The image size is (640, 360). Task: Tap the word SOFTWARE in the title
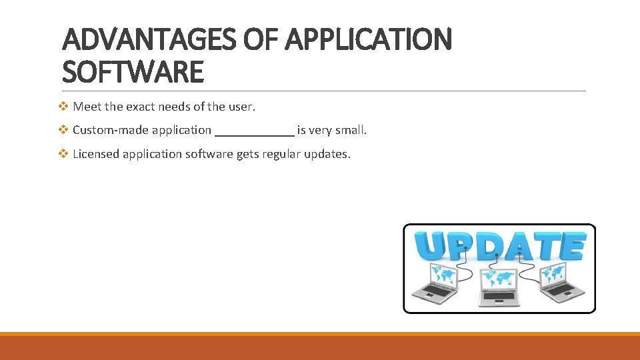click(132, 72)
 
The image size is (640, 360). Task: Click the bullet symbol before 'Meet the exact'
click(64, 106)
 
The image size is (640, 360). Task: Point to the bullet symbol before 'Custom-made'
click(64, 130)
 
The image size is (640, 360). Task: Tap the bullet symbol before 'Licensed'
click(64, 154)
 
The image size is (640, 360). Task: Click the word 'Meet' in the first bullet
click(87, 107)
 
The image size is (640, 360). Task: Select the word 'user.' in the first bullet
click(243, 107)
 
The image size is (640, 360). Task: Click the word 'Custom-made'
click(110, 131)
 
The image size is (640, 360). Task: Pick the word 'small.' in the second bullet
click(351, 131)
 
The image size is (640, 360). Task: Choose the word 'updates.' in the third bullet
click(327, 155)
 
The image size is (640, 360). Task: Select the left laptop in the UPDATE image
click(434, 283)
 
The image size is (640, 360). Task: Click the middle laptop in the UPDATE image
click(499, 287)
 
